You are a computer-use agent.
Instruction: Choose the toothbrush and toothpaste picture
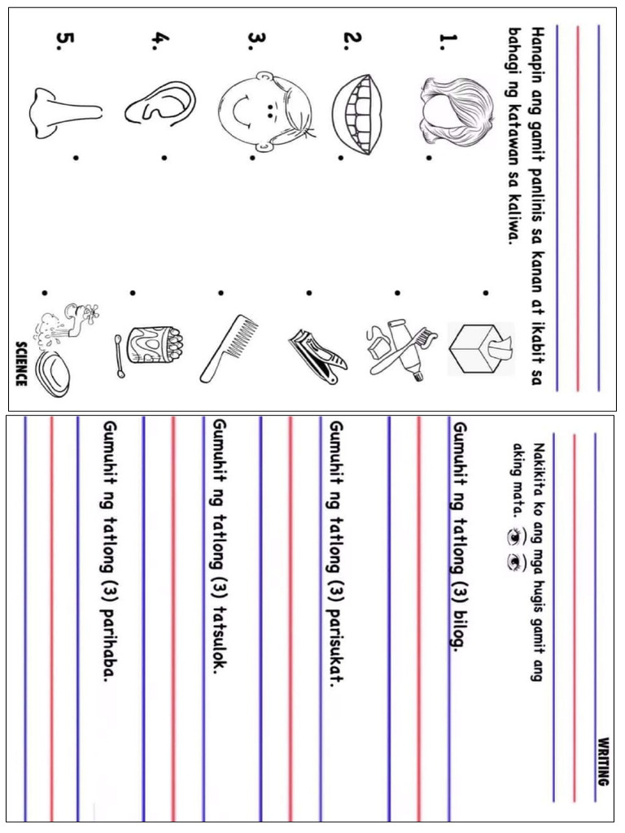tap(398, 347)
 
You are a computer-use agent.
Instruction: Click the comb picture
tap(228, 349)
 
